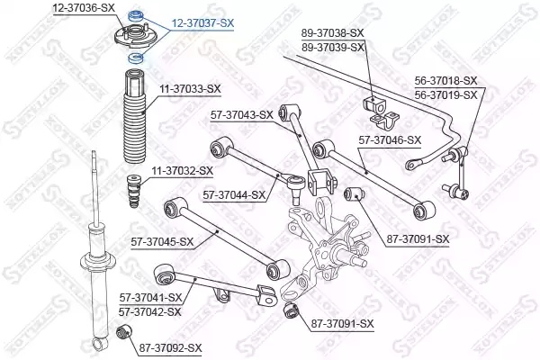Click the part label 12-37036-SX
(x=84, y=7)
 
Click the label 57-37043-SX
(x=241, y=114)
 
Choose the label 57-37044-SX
(x=234, y=194)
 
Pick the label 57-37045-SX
(x=163, y=241)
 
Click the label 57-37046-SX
(x=390, y=140)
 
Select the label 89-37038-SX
(x=333, y=31)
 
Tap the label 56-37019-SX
(x=445, y=92)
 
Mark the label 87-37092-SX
(x=171, y=347)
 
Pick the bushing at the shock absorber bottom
(x=127, y=335)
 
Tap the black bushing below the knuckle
(x=292, y=310)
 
